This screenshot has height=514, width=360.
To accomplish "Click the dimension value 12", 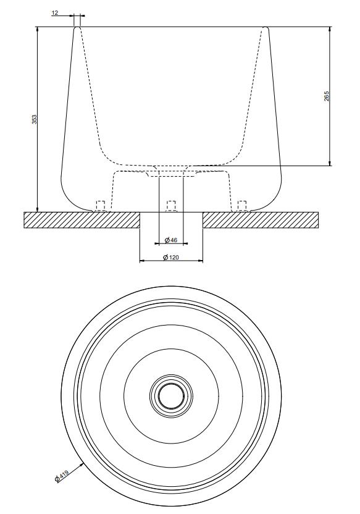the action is click(55, 13).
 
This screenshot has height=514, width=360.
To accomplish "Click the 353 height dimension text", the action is click(35, 119).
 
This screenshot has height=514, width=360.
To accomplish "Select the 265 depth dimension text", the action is click(327, 96).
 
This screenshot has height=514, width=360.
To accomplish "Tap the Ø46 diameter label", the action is click(170, 240).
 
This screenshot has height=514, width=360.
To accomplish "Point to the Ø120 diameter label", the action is click(171, 258).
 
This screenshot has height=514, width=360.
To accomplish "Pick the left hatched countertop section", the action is click(82, 220).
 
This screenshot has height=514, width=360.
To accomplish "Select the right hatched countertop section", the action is click(261, 220).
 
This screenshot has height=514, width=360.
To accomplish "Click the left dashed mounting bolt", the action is click(100, 206).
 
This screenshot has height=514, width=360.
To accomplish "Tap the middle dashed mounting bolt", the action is click(171, 206).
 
